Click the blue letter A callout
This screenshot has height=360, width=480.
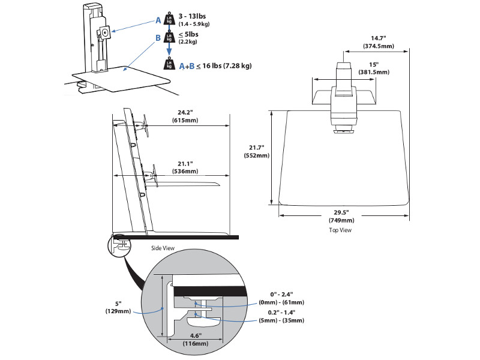[x=159, y=20]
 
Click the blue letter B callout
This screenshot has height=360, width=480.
[x=158, y=37]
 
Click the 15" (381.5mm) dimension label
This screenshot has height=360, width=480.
[x=374, y=67]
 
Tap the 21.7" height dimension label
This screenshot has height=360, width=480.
[x=256, y=151]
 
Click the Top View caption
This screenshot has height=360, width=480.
[x=340, y=230]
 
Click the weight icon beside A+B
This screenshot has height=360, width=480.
[x=170, y=65]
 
